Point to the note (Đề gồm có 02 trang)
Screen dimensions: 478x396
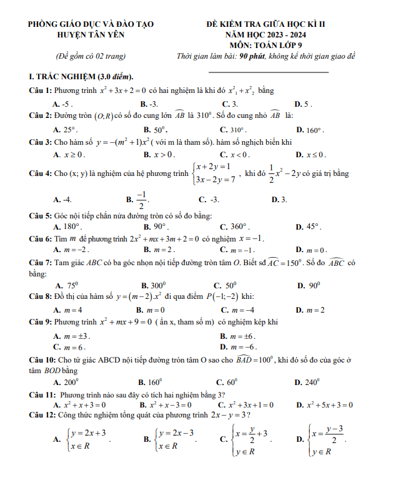(x=90, y=56)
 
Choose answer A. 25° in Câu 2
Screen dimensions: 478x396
(x=66, y=130)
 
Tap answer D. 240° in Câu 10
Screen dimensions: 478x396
(x=309, y=382)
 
